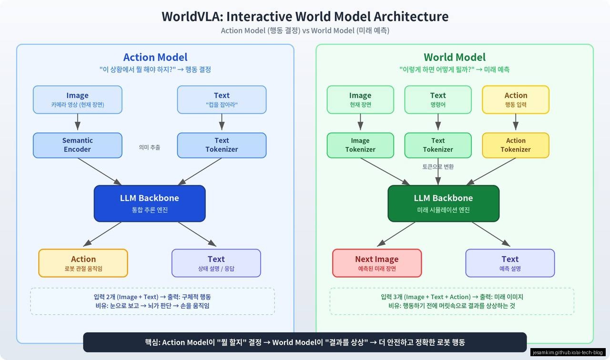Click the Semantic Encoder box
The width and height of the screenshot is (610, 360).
(x=77, y=145)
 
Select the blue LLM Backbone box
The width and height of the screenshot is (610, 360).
(x=150, y=203)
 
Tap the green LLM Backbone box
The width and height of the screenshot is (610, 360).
(x=443, y=203)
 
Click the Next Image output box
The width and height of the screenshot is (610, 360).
(x=376, y=263)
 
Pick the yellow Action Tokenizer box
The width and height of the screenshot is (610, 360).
(x=516, y=145)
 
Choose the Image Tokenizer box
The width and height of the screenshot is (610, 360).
(x=360, y=145)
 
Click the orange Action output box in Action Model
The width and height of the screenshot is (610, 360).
(x=83, y=263)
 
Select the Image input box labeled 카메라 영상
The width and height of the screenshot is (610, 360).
(x=77, y=100)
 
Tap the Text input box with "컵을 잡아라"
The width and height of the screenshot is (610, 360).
(x=222, y=100)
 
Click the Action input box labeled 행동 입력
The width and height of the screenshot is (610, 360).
(x=516, y=100)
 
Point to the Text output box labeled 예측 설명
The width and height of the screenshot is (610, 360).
(x=510, y=263)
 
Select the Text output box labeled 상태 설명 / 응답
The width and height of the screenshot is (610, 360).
(x=216, y=263)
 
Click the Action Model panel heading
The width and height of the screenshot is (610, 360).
(x=155, y=57)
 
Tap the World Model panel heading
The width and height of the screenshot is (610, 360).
(x=455, y=57)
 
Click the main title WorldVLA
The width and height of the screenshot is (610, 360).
(x=305, y=16)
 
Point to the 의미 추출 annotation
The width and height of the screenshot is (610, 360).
(x=150, y=148)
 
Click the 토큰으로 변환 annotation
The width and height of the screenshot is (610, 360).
(x=438, y=167)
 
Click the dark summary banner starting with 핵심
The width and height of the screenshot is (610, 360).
(x=305, y=342)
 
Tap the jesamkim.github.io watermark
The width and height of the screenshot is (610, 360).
(x=568, y=352)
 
